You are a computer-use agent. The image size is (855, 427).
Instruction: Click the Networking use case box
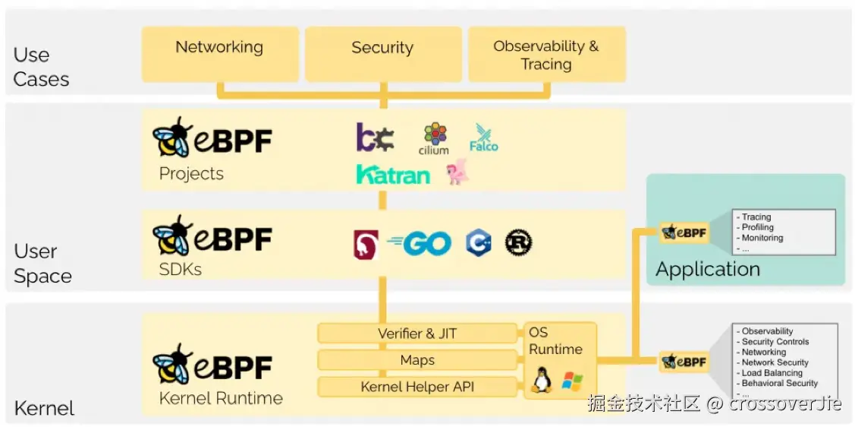click(220, 55)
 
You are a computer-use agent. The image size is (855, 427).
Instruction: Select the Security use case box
click(383, 55)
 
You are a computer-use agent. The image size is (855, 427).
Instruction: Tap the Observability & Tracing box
click(546, 55)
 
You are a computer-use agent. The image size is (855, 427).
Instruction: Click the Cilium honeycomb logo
click(434, 139)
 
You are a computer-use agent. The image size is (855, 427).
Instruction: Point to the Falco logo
click(484, 138)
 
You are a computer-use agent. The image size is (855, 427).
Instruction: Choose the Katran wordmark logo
click(393, 174)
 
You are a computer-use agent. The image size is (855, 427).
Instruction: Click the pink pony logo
click(457, 172)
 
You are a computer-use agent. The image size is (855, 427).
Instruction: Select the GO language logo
click(420, 244)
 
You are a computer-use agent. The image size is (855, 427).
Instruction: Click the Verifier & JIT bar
click(417, 333)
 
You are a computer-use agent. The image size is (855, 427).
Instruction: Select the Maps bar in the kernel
click(417, 360)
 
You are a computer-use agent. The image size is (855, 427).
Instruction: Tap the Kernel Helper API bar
click(417, 387)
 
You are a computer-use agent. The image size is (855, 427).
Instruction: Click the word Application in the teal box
click(708, 269)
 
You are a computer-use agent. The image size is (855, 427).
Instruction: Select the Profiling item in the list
click(757, 227)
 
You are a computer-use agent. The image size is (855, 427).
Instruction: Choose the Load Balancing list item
click(772, 373)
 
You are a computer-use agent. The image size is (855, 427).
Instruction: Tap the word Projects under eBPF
click(191, 174)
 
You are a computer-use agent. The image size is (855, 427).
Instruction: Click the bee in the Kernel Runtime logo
click(171, 364)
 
